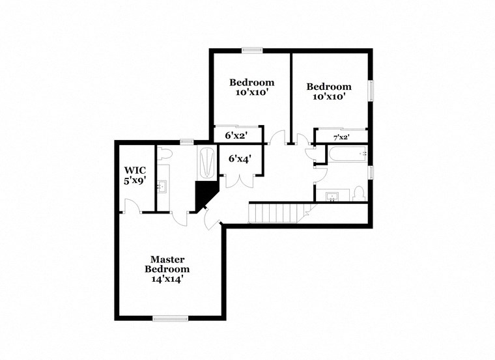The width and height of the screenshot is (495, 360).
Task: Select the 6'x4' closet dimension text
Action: pos(239,158)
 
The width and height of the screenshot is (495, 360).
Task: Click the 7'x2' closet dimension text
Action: pos(341,137)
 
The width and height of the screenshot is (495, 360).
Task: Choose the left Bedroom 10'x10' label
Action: pos(251,87)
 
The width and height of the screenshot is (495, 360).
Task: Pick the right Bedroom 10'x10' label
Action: pos(329,91)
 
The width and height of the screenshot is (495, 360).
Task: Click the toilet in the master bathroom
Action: pos(165,154)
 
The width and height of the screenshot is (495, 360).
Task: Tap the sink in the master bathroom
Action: pos(164,187)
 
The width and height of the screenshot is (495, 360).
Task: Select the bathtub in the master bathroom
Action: pos(206,163)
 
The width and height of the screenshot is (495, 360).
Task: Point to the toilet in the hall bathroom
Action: pos(358,193)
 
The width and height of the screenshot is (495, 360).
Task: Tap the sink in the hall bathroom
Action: pos(333,195)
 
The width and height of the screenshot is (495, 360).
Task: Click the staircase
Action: pos(276,213)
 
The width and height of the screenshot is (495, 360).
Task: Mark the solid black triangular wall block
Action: pos(205,193)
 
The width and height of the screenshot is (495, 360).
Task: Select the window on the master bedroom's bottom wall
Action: pos(170,318)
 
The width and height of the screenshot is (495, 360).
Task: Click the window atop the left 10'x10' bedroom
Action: pos(251,49)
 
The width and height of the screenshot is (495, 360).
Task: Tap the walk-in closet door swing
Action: pos(132,207)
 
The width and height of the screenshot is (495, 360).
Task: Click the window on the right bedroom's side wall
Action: pos(371,90)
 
